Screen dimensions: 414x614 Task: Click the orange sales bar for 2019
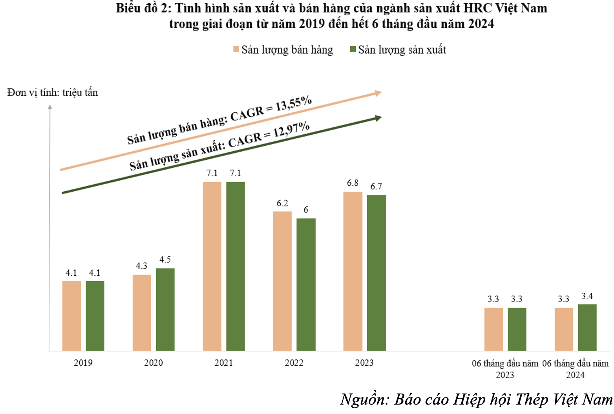71,316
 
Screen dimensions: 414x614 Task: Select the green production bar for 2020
165,310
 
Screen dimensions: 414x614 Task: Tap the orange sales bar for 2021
212,266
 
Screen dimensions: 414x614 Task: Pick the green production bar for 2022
306,284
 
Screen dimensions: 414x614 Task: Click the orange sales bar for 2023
353,271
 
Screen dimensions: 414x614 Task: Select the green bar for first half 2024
587,328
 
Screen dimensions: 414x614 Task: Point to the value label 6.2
282,203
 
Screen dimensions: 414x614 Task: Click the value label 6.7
376,187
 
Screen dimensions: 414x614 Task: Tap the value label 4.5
165,260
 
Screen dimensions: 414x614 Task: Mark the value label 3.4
587,296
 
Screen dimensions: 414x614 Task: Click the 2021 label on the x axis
224,363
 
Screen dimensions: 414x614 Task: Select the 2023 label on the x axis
364,363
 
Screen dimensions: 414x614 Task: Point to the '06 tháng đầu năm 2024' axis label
575,369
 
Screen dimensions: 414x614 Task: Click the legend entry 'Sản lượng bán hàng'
287,50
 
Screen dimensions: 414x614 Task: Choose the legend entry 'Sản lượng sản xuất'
402,50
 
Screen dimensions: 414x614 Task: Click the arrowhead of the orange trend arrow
378,93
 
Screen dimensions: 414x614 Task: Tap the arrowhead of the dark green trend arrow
378,118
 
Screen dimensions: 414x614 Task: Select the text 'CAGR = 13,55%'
271,109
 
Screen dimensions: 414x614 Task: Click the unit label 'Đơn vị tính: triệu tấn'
53,93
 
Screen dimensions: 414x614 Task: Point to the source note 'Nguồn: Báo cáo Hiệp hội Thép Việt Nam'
476,399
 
